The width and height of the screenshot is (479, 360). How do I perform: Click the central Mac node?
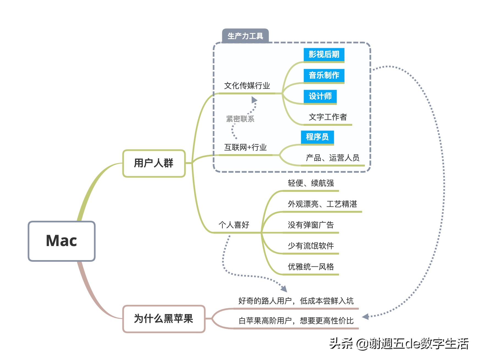coord(62,241)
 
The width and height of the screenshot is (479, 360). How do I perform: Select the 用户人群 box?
coord(154,163)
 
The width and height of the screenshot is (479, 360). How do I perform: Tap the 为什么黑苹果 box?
coord(164,319)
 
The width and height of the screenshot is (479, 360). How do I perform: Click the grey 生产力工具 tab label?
coord(245,36)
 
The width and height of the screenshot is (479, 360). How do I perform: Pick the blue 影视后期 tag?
coord(324,54)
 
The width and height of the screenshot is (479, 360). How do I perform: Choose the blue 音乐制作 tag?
coord(324,75)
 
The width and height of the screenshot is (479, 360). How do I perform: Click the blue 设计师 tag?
coord(320,96)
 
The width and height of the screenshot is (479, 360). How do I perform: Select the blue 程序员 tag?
coord(317,137)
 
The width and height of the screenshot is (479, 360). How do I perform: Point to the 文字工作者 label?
coord(328,117)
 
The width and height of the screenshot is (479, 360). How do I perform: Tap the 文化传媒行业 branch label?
coord(247,86)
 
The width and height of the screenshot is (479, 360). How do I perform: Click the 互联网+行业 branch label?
coord(245,148)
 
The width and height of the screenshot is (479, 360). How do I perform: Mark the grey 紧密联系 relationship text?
coord(240,119)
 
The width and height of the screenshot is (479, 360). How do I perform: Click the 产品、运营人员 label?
coord(332,158)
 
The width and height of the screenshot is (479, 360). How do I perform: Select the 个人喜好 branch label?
coord(234,225)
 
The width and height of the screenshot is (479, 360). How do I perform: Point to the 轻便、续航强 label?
coord(311,183)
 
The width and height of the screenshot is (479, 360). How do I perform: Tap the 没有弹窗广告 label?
coord(311,225)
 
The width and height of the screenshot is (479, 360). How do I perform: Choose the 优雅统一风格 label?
coord(311,267)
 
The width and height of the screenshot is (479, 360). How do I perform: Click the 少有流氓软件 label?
coord(311,246)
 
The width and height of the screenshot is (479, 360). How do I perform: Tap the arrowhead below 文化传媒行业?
coord(254,100)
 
